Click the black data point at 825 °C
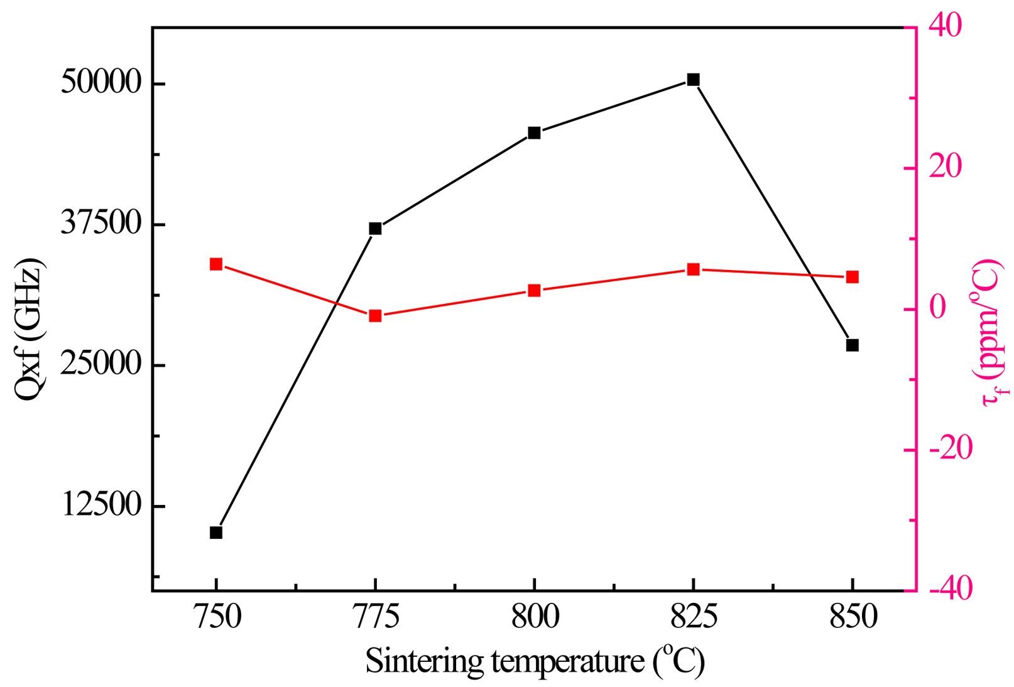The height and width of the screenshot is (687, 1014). click(693, 80)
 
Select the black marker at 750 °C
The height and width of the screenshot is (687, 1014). click(216, 533)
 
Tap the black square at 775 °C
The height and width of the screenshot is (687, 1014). click(375, 229)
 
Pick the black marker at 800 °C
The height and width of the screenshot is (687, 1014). click(534, 133)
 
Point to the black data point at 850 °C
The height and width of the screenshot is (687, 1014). click(852, 345)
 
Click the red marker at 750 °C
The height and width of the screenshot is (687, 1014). click(216, 264)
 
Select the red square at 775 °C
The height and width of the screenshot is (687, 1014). click(375, 315)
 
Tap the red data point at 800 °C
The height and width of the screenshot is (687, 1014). click(534, 291)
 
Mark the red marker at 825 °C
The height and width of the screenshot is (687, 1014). click(693, 269)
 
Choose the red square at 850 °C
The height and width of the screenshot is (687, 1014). click(852, 278)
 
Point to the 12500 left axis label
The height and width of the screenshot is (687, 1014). click(101, 506)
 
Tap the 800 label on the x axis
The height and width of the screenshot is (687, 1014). click(535, 618)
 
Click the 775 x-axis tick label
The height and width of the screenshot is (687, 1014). click(376, 618)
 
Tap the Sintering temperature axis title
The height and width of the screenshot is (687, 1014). click(535, 661)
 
